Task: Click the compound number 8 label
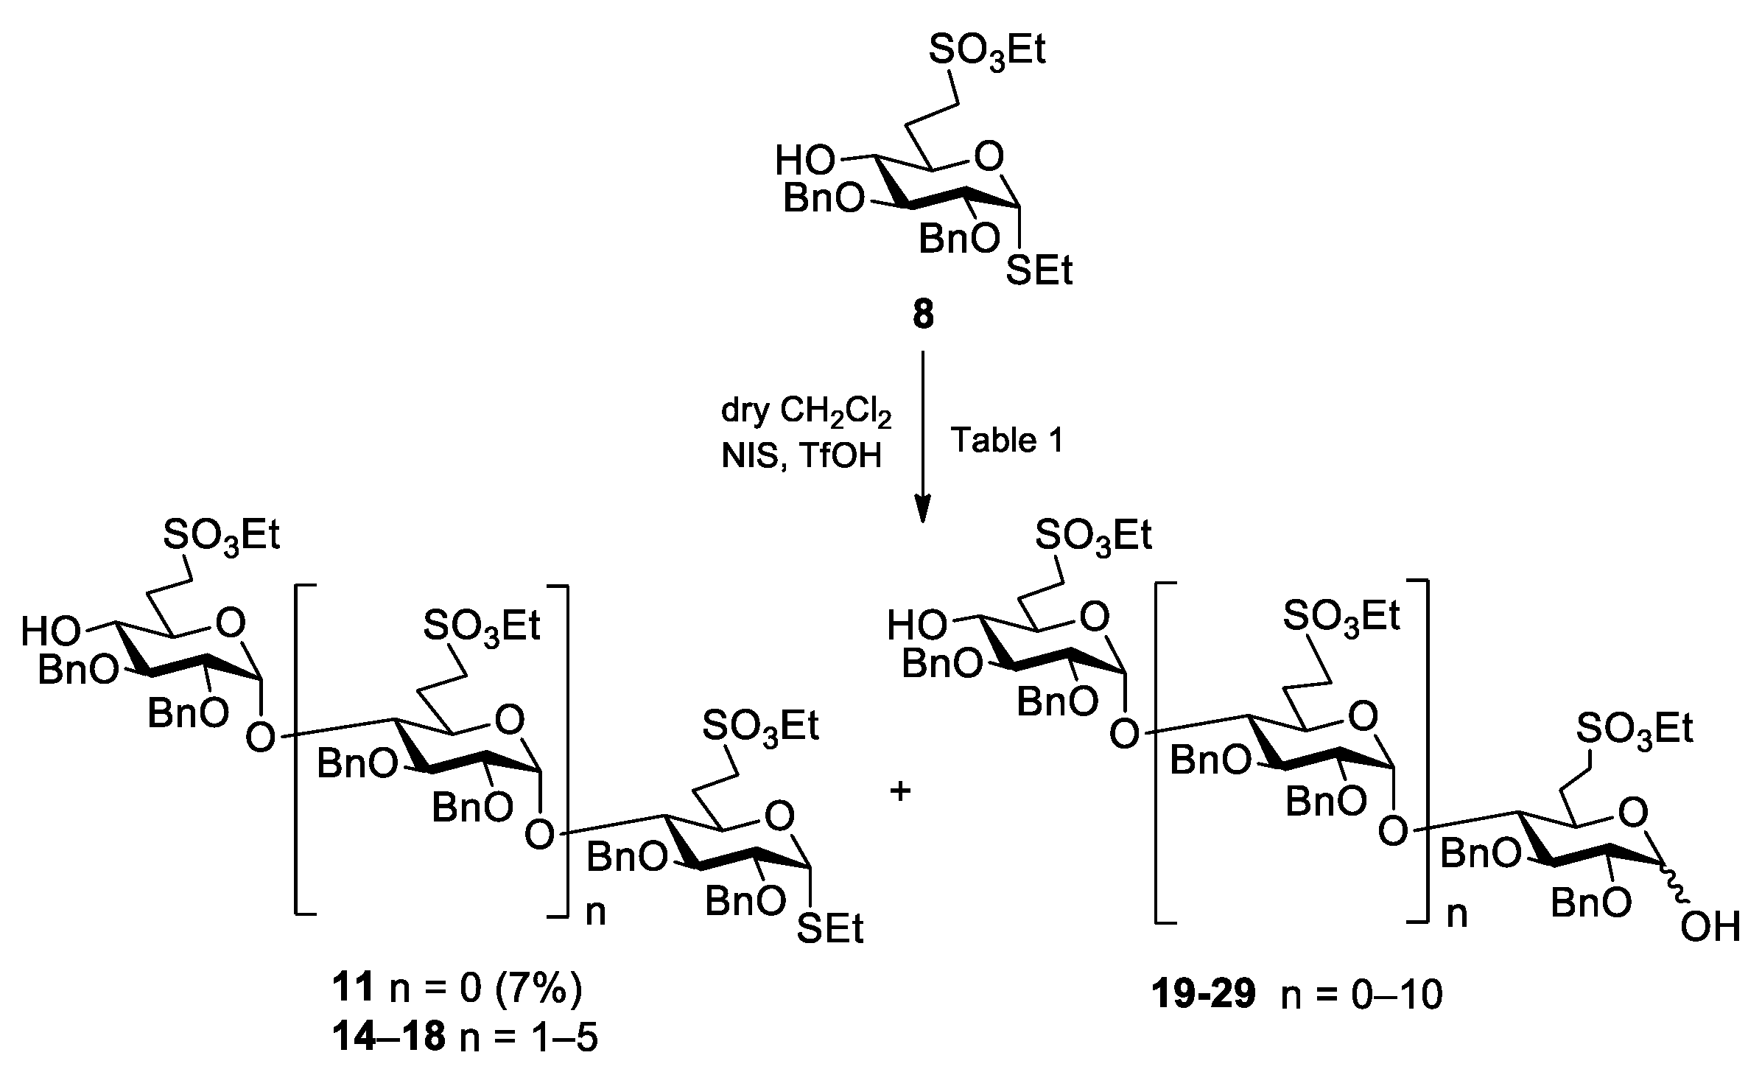[x=922, y=315]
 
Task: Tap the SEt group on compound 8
[x=1038, y=271]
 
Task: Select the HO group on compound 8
[x=805, y=161]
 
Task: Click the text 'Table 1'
[x=1008, y=441]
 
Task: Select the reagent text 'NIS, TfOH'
[x=801, y=457]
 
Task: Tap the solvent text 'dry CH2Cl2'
[x=807, y=414]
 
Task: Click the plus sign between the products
[x=900, y=792]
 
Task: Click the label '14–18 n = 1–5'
[x=464, y=1037]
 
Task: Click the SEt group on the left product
[x=830, y=930]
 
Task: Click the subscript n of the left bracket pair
[x=595, y=913]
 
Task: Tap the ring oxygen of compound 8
[x=989, y=157]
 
